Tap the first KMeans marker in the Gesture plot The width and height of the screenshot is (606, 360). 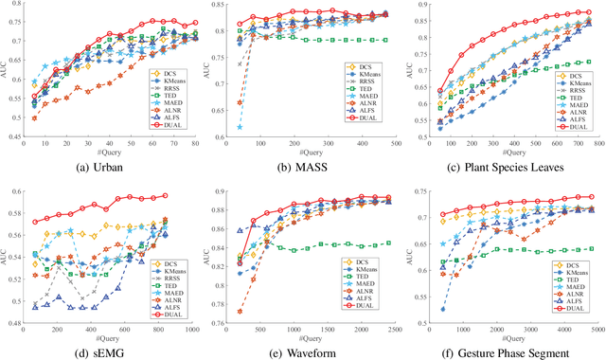coord(442,309)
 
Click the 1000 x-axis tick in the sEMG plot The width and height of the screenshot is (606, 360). coord(192,329)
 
